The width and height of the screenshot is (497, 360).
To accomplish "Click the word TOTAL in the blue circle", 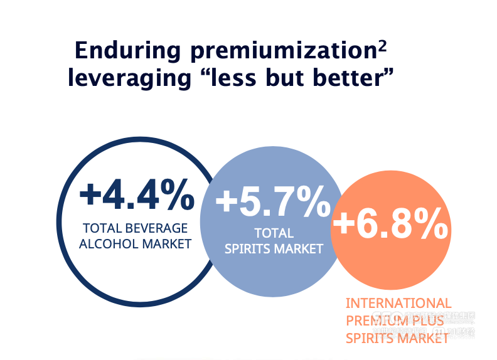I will click(x=274, y=233).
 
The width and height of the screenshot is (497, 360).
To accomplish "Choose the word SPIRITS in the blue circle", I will click(x=249, y=248).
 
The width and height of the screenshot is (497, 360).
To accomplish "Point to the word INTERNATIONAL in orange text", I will click(x=398, y=304).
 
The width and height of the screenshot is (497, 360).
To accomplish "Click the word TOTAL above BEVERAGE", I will click(x=100, y=228).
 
